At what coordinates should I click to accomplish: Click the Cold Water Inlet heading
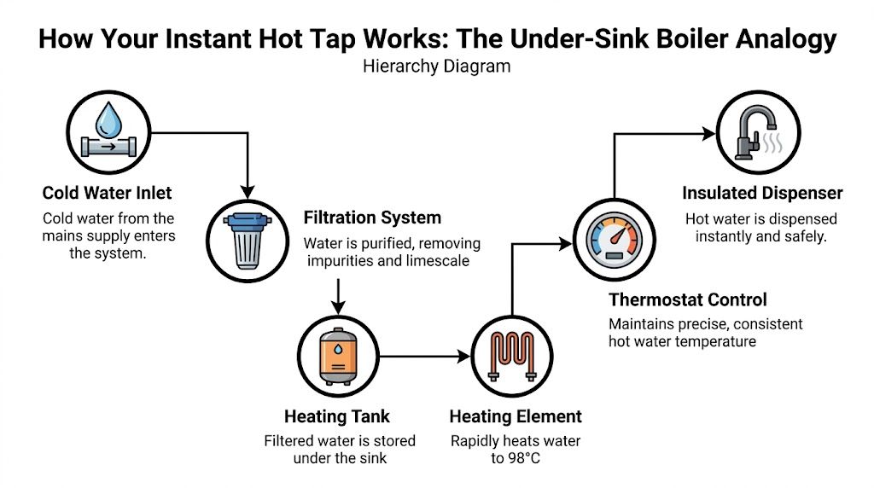click(108, 194)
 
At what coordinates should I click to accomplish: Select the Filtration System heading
click(372, 218)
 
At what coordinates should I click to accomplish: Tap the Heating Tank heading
click(337, 416)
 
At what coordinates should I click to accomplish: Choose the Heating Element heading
click(516, 416)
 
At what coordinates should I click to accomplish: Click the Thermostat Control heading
click(687, 299)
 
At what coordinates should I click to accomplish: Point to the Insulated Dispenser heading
click(764, 194)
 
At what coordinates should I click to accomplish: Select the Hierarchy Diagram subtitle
click(436, 66)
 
